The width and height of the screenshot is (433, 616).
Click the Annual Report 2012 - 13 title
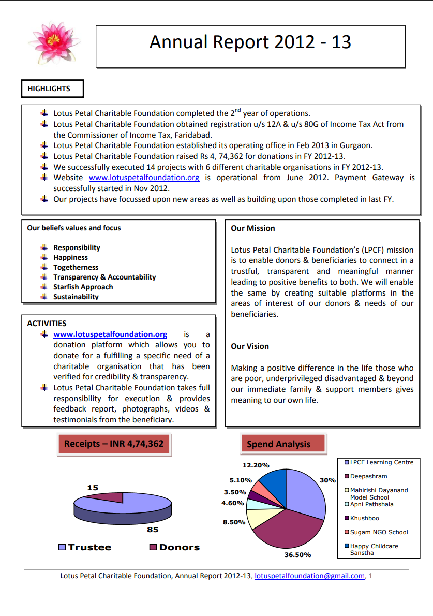(x=250, y=42)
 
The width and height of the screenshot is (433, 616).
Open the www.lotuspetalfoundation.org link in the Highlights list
(x=144, y=178)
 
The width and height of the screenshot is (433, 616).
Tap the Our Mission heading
(x=253, y=228)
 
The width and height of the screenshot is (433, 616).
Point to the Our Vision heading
(x=250, y=346)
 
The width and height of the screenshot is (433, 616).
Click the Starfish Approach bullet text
(x=83, y=287)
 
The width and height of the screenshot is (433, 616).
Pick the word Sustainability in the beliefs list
(x=76, y=297)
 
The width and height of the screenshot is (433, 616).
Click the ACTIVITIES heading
(x=47, y=324)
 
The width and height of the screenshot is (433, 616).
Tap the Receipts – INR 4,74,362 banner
(x=114, y=444)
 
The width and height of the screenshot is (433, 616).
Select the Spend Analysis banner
(x=279, y=444)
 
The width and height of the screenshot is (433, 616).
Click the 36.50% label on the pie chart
(x=297, y=554)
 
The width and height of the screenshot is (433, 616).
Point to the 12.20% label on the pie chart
(x=256, y=465)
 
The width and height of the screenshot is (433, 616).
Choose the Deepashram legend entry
(x=368, y=476)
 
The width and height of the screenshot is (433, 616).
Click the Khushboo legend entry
(x=364, y=518)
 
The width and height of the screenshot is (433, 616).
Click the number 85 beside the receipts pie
(x=153, y=530)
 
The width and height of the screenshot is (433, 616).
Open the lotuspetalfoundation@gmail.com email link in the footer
(x=310, y=576)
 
